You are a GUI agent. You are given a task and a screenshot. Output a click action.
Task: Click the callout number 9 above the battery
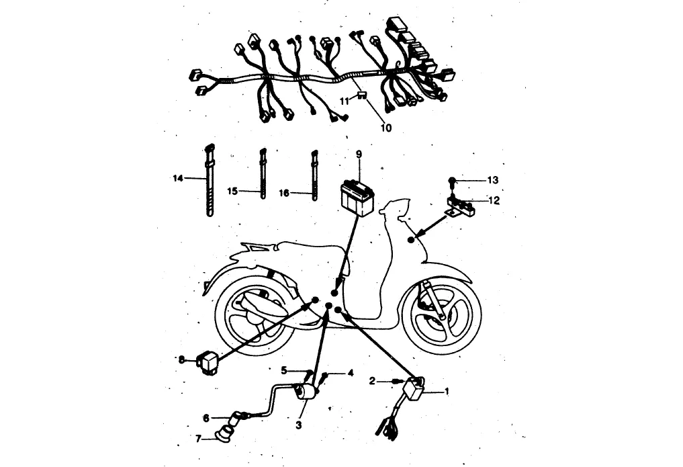359,154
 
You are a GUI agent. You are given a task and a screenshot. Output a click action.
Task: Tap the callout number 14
177,178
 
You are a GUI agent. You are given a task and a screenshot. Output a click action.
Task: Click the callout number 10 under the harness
386,126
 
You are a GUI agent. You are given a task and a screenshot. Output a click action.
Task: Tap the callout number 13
494,180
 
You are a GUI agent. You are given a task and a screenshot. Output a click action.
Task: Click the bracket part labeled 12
461,206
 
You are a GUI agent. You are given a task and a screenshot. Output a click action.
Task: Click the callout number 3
299,425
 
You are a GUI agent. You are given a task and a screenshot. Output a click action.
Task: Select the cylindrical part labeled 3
308,393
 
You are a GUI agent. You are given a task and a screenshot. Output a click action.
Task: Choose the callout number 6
206,418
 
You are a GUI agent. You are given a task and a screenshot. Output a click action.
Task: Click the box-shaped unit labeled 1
414,389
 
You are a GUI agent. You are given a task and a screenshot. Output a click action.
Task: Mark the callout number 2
373,381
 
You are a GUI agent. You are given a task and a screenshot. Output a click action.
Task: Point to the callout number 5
284,370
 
